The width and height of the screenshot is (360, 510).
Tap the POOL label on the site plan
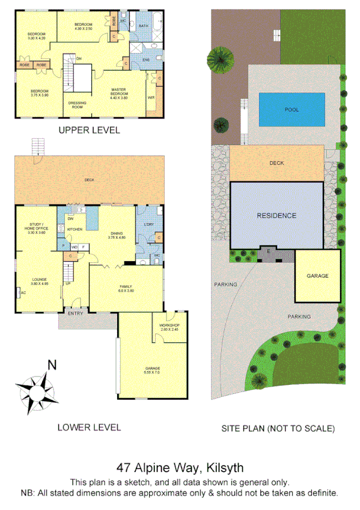[x=292, y=109]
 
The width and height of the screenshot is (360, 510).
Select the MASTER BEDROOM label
[x=118, y=92]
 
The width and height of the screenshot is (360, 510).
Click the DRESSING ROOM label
[x=78, y=105]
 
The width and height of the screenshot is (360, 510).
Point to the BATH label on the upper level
[x=144, y=26]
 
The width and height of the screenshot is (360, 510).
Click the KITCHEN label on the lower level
[x=75, y=230]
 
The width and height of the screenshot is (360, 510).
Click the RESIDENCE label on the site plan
[x=276, y=215]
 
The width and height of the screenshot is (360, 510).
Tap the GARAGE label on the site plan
[x=317, y=276]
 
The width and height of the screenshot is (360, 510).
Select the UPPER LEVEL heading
[x=89, y=130]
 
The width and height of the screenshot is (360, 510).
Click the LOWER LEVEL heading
[x=89, y=428]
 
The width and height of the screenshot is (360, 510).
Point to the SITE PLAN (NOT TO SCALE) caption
[x=278, y=428]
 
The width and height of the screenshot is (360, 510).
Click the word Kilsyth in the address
[x=225, y=467]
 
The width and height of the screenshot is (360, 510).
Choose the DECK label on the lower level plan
[x=89, y=179]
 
